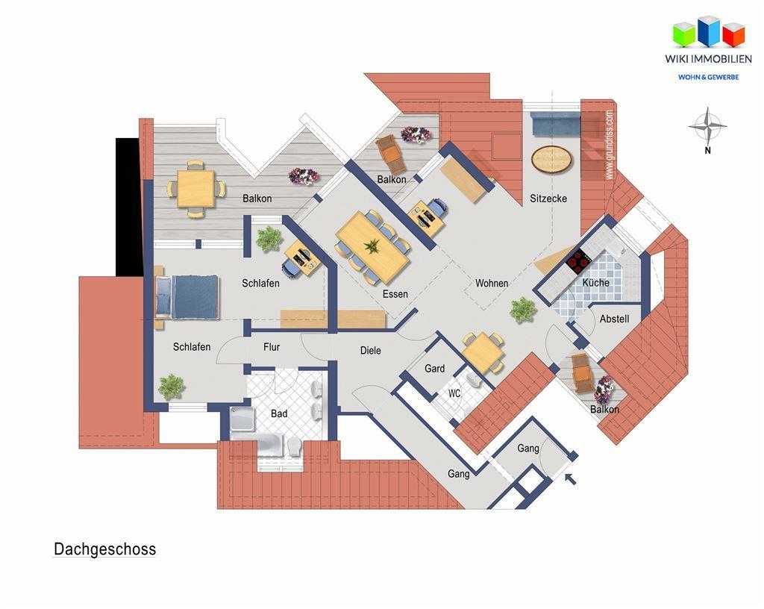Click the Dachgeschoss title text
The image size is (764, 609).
pyautogui.click(x=104, y=549)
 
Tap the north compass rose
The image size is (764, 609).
pyautogui.click(x=707, y=127)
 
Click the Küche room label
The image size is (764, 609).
pyautogui.click(x=595, y=283)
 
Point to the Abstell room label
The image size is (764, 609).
pyautogui.click(x=614, y=319)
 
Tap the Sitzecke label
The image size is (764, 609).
pyautogui.click(x=548, y=199)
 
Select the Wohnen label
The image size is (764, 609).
pyautogui.click(x=492, y=283)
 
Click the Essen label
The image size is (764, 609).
pyautogui.click(x=395, y=294)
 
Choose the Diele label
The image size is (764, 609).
pyautogui.click(x=370, y=350)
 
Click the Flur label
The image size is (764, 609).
pyautogui.click(x=272, y=347)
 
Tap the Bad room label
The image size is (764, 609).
pyautogui.click(x=279, y=413)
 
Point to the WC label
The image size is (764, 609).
pyautogui.click(x=454, y=393)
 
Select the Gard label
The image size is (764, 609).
pyautogui.click(x=434, y=368)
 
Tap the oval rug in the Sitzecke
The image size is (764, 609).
pyautogui.click(x=553, y=158)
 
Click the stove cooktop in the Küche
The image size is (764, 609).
pyautogui.click(x=579, y=261)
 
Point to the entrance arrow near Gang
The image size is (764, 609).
pyautogui.click(x=571, y=478)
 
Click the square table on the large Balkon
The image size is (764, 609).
pyautogui.click(x=196, y=188)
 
